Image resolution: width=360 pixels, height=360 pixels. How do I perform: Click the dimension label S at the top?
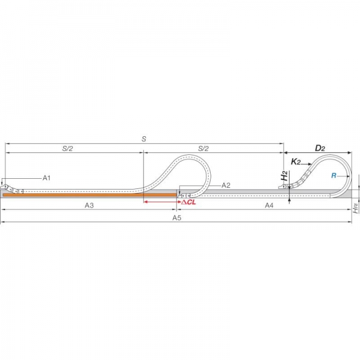(x=144, y=139)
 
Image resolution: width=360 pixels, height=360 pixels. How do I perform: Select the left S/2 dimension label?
(x=67, y=149)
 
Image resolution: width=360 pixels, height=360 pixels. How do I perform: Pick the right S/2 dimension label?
(x=203, y=149)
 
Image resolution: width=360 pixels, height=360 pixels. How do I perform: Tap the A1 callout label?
(x=47, y=178)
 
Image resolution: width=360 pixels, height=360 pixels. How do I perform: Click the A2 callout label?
(x=226, y=185)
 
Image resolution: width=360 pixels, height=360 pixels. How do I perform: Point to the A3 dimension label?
(x=89, y=205)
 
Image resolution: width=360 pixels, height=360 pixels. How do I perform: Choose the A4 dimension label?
(x=269, y=205)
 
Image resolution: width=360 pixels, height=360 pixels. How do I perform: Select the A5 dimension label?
(x=177, y=218)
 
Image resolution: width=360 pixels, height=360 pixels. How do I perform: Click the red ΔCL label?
(x=188, y=202)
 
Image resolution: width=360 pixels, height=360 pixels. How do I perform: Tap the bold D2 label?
(x=320, y=148)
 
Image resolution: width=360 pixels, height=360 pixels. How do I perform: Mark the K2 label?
(x=296, y=162)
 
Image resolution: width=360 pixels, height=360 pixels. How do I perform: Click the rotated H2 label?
(x=284, y=176)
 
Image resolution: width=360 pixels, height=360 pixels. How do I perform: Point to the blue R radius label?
(x=334, y=176)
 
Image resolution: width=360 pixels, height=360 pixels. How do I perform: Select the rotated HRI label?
(x=356, y=208)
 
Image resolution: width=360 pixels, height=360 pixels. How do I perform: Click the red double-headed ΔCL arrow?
(x=163, y=202)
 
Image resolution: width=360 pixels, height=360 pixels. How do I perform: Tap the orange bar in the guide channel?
(x=89, y=195)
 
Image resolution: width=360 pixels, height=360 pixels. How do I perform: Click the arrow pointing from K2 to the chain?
(x=306, y=164)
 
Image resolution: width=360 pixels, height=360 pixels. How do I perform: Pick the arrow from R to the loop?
(x=343, y=176)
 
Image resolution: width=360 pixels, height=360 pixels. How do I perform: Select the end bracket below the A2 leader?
(x=184, y=196)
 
